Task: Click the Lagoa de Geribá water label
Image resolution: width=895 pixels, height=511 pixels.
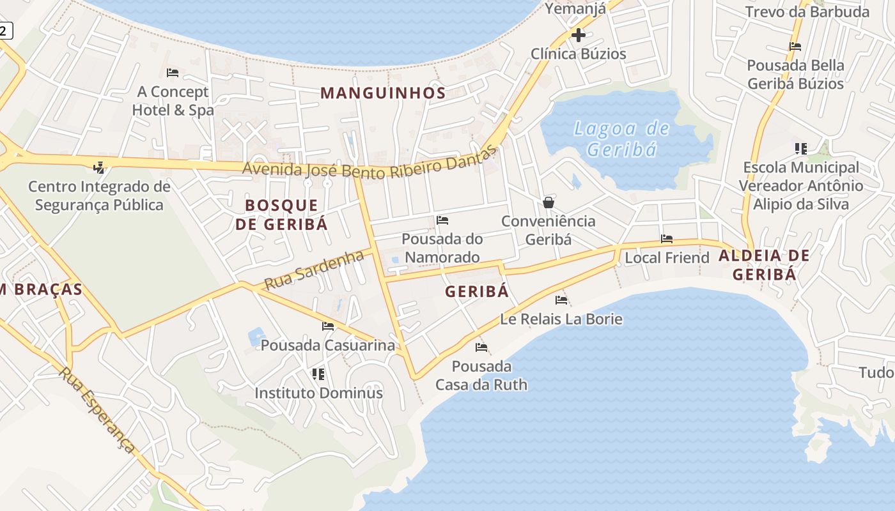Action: pyautogui.click(x=621, y=139)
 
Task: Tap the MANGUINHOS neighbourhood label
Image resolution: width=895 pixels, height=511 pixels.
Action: pyautogui.click(x=383, y=93)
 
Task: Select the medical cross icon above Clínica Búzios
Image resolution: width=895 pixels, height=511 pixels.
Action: pyautogui.click(x=579, y=35)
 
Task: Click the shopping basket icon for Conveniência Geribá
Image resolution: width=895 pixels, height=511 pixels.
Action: pyautogui.click(x=548, y=202)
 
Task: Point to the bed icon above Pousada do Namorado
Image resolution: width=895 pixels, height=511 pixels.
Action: pyautogui.click(x=442, y=220)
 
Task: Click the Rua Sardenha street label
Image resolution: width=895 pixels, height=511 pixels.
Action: pyautogui.click(x=314, y=269)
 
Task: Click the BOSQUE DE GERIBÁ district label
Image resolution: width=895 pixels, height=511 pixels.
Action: pyautogui.click(x=281, y=215)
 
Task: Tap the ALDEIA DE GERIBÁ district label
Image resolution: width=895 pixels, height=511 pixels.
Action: pyautogui.click(x=764, y=265)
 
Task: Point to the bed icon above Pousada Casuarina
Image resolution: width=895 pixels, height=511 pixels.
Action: pyautogui.click(x=328, y=326)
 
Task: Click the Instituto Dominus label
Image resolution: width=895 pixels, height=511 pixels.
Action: pyautogui.click(x=319, y=393)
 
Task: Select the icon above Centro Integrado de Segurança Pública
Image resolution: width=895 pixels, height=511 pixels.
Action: pyautogui.click(x=98, y=168)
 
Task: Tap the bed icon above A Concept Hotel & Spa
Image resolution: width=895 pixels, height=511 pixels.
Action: pyautogui.click(x=172, y=73)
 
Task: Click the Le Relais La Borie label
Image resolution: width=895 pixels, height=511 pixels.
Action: pyautogui.click(x=561, y=319)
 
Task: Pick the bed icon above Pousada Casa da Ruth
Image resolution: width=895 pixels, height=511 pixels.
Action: pyautogui.click(x=481, y=347)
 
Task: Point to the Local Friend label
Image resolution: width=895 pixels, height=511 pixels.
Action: pyautogui.click(x=667, y=257)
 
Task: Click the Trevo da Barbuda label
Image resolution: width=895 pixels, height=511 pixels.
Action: pyautogui.click(x=807, y=11)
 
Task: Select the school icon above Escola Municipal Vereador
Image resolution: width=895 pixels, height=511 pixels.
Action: pyautogui.click(x=800, y=149)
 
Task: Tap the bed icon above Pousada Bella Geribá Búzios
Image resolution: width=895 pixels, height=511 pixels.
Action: pyautogui.click(x=795, y=47)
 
